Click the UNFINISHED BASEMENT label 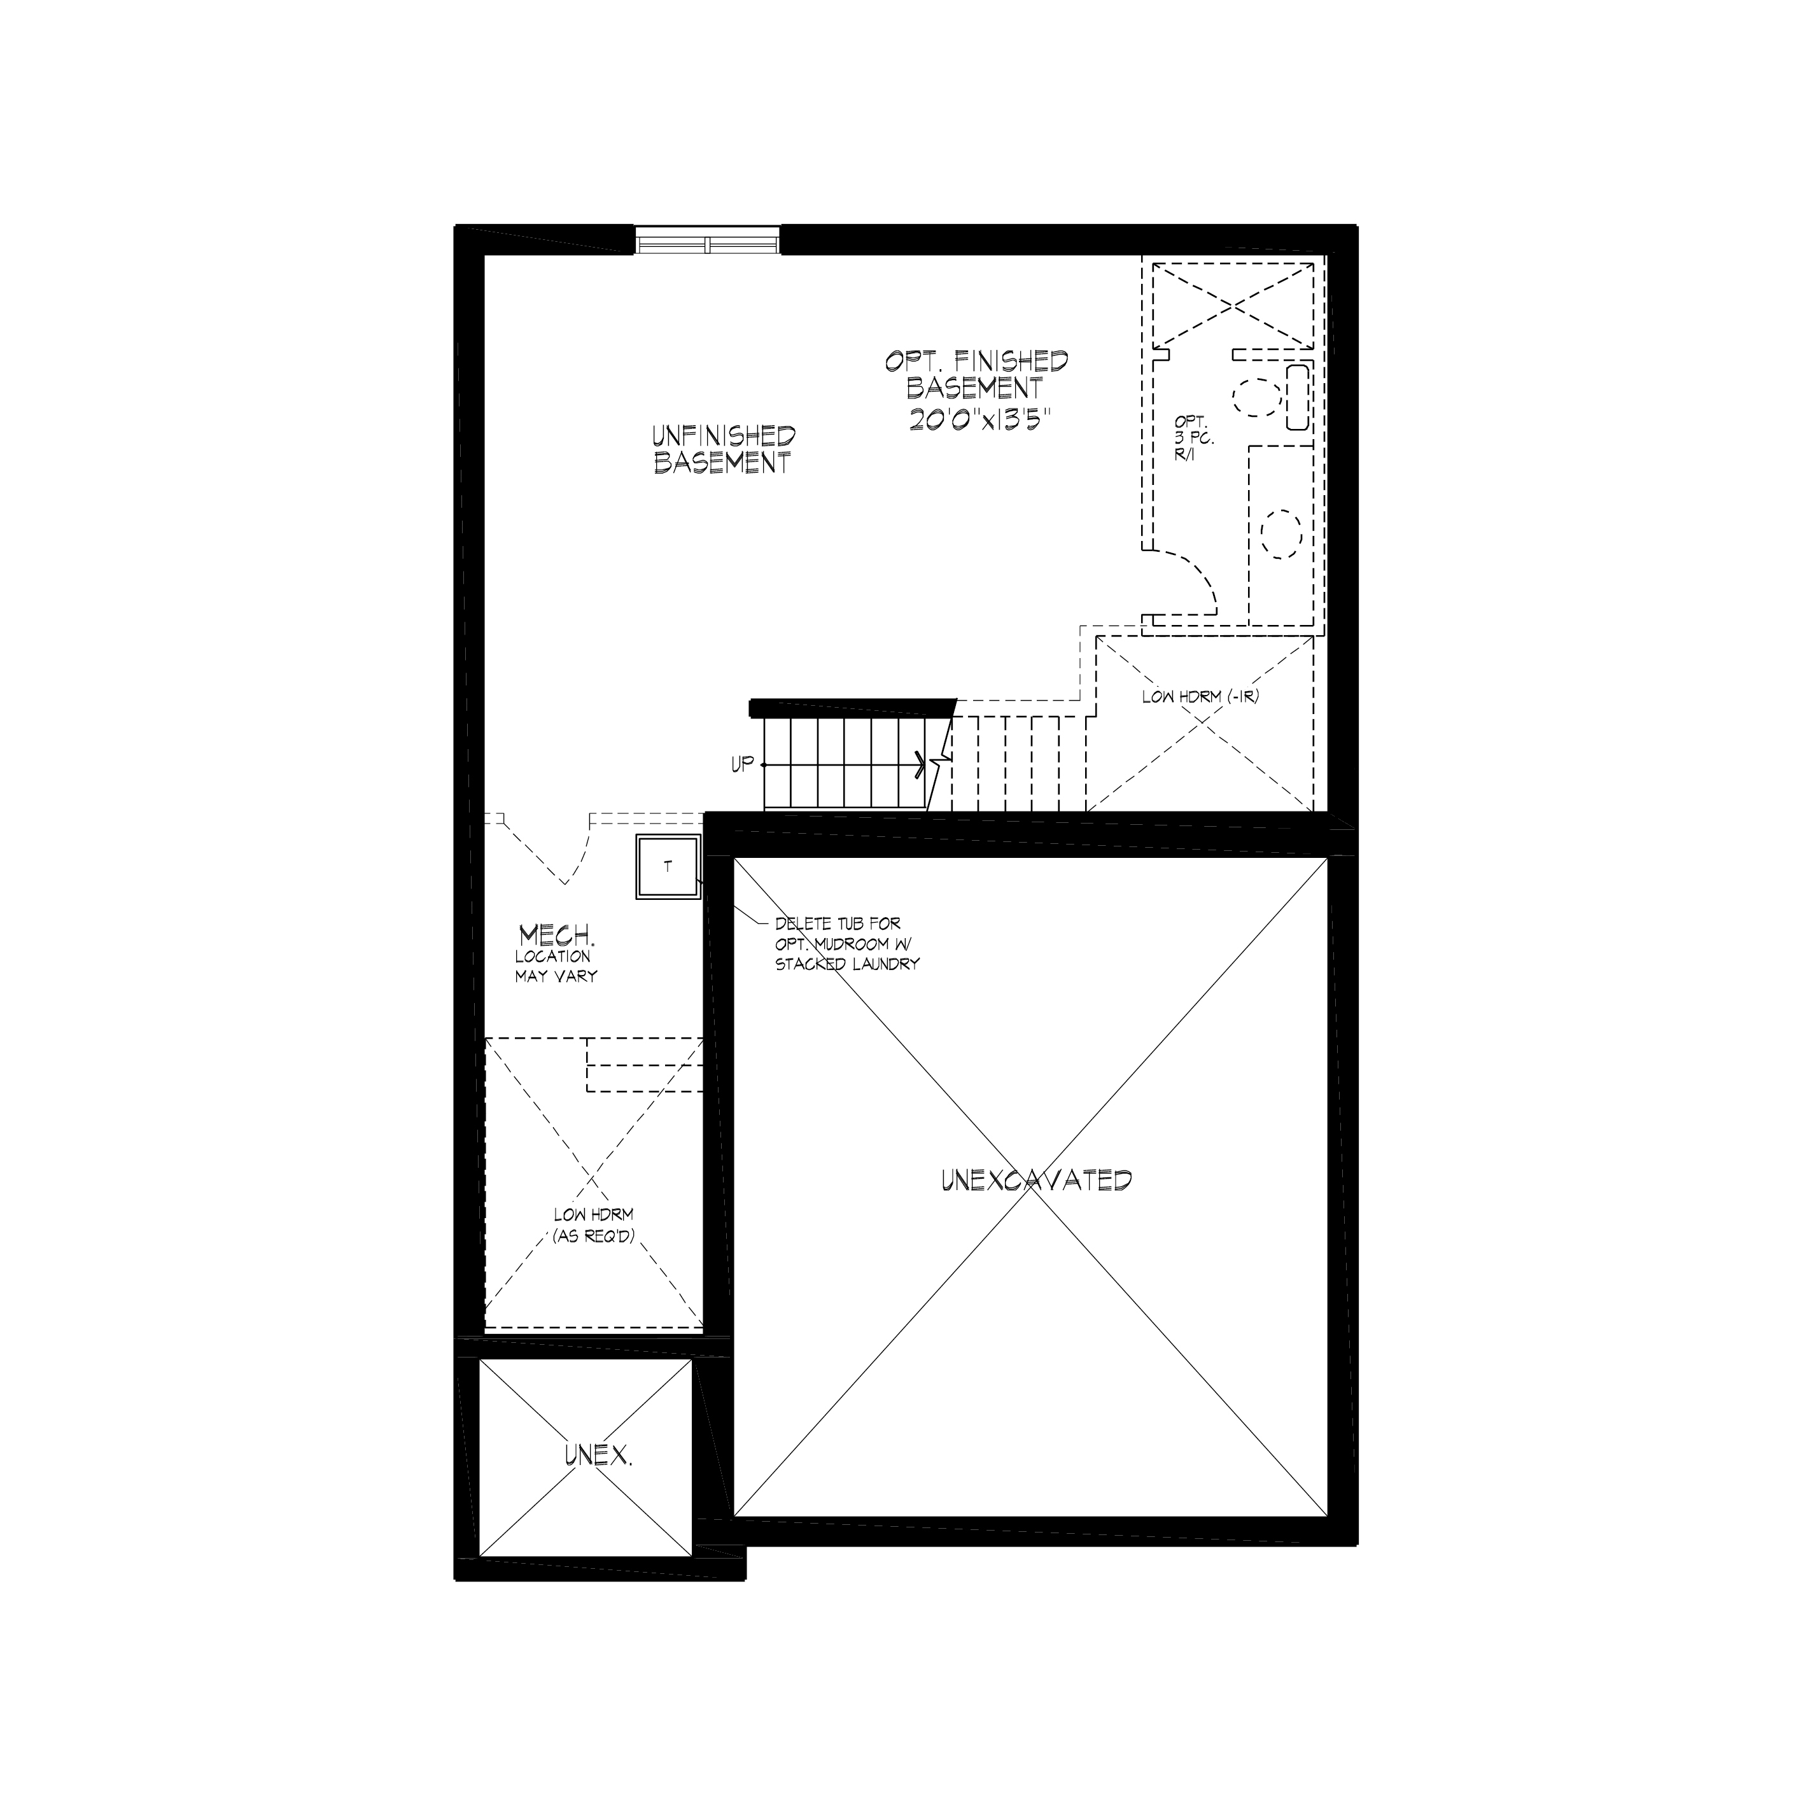coord(723,450)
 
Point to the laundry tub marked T coord(668,867)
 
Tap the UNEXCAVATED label coord(1036,1181)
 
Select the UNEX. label coord(598,1455)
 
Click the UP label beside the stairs coord(742,764)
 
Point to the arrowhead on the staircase coord(921,764)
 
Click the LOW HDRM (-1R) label coord(1200,697)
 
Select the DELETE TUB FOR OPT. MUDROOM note coord(847,943)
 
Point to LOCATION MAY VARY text coord(556,966)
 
